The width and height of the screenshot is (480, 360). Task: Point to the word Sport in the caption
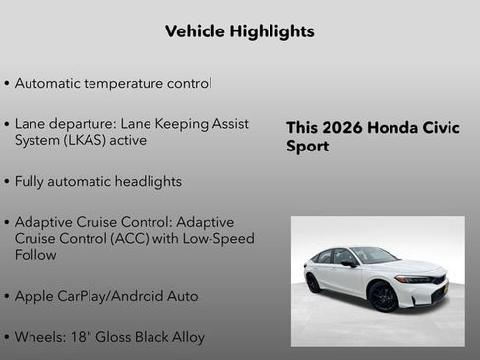click(307, 147)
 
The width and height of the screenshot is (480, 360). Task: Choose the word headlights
click(146, 182)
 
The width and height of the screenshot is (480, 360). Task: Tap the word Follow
click(35, 255)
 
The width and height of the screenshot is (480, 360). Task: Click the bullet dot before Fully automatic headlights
click(7, 182)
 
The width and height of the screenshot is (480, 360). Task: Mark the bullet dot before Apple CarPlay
click(7, 296)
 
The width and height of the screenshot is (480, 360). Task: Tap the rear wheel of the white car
click(314, 283)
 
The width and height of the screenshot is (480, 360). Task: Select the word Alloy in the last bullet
click(186, 337)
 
